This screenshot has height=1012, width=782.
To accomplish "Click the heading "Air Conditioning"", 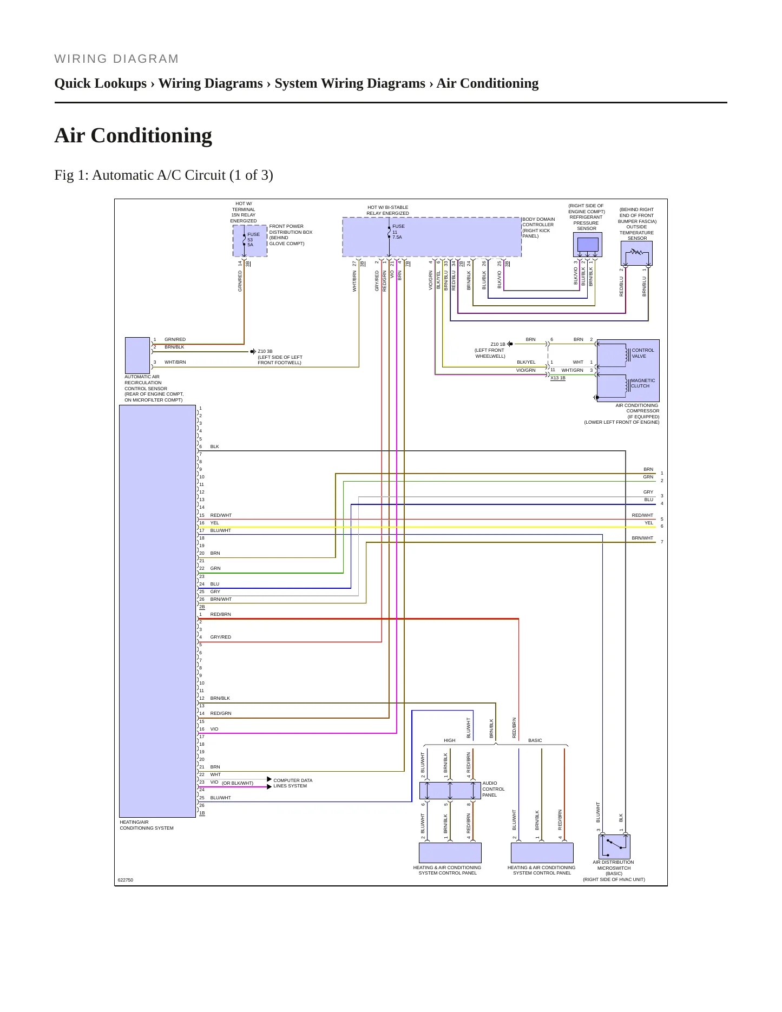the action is pyautogui.click(x=133, y=136).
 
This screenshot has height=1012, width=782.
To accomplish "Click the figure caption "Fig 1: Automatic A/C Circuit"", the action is pyautogui.click(x=140, y=175).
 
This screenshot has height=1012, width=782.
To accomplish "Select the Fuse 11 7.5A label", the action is pyautogui.click(x=398, y=232).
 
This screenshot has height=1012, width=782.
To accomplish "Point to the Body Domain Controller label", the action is pyautogui.click(x=538, y=228).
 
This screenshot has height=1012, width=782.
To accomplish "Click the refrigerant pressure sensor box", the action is pyautogui.click(x=587, y=245).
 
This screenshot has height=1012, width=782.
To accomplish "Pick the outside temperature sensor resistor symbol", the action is pyautogui.click(x=636, y=252).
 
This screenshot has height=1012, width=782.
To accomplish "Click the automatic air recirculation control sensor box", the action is pyautogui.click(x=137, y=356).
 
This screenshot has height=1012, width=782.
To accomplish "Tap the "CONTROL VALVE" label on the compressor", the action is pyautogui.click(x=643, y=353).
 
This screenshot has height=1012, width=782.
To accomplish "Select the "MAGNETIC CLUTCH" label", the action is pyautogui.click(x=643, y=383).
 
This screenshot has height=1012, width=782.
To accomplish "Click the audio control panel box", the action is pyautogui.click(x=450, y=790).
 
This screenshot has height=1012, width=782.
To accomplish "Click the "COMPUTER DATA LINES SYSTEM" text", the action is pyautogui.click(x=293, y=783).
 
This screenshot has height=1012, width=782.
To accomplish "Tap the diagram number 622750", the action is pyautogui.click(x=126, y=880).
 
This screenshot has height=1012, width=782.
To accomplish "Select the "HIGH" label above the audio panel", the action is pyautogui.click(x=450, y=740).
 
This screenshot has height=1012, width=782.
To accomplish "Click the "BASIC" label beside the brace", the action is pyautogui.click(x=535, y=740).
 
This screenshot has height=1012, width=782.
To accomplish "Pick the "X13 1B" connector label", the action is pyautogui.click(x=558, y=378).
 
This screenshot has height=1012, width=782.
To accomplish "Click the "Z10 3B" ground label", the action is pyautogui.click(x=265, y=351).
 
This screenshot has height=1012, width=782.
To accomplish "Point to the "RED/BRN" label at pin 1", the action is pyautogui.click(x=221, y=614).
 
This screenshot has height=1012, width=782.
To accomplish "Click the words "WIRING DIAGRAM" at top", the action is pyautogui.click(x=117, y=59).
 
